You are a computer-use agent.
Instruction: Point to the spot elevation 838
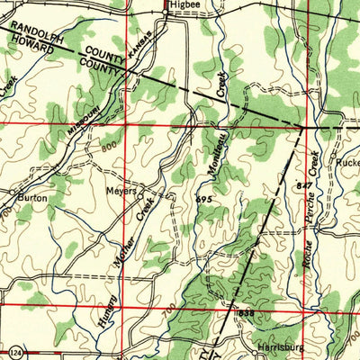247,311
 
